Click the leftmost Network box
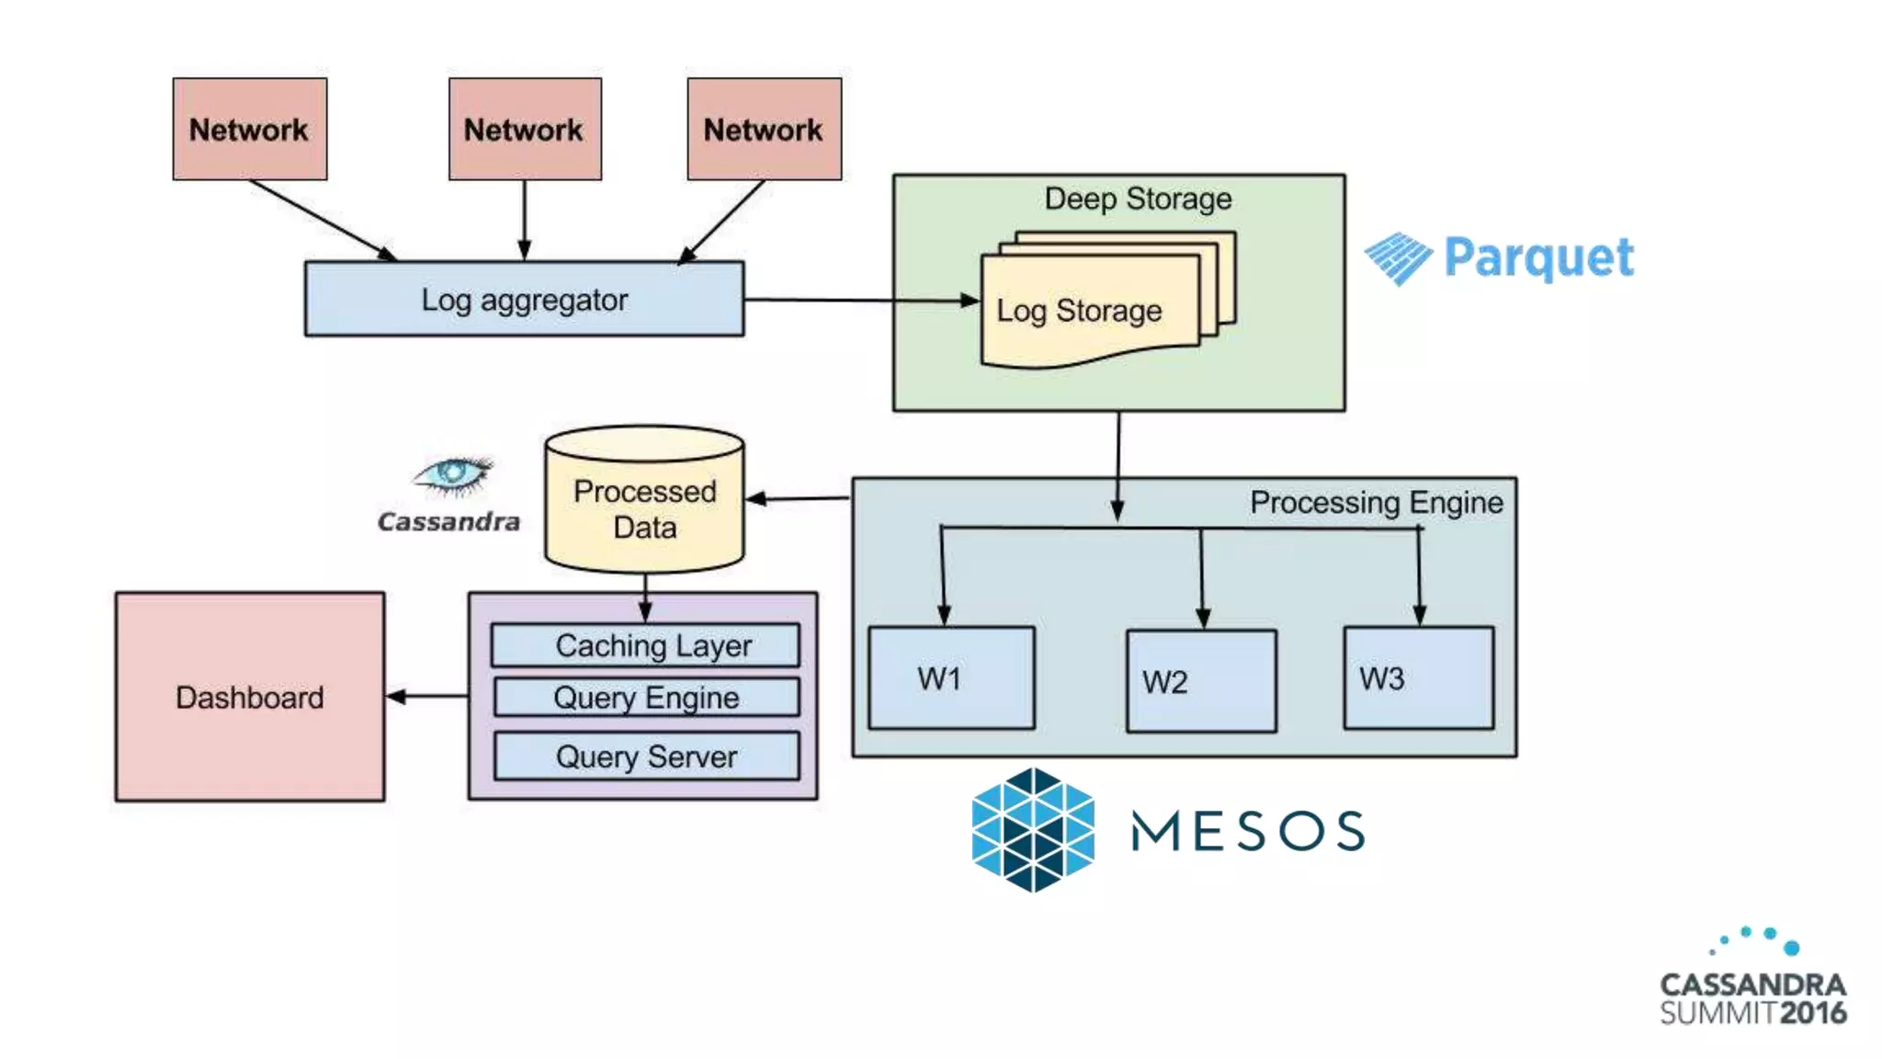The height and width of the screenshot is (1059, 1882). click(x=250, y=129)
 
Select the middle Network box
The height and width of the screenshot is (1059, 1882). click(x=525, y=129)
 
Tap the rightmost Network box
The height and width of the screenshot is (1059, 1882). click(x=764, y=129)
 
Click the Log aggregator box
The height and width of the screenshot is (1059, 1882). click(x=524, y=300)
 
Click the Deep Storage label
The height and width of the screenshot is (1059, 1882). click(x=1138, y=199)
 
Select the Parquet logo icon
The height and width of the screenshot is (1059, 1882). click(x=1398, y=258)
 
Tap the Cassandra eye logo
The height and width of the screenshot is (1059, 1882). click(x=452, y=473)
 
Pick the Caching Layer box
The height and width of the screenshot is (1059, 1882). click(x=645, y=645)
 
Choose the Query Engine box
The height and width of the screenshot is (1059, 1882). click(x=646, y=698)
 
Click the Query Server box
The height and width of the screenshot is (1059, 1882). click(x=646, y=757)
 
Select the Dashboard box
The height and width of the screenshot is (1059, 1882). click(x=250, y=697)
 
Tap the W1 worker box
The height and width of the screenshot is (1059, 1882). click(x=951, y=678)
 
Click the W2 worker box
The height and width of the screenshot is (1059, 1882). click(x=1201, y=681)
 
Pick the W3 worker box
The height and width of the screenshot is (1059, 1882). click(x=1418, y=678)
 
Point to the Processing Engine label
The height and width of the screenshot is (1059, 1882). click(x=1376, y=503)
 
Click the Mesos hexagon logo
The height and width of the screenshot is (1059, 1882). click(x=1033, y=830)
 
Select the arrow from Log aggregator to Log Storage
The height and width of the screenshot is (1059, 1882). click(x=859, y=300)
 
